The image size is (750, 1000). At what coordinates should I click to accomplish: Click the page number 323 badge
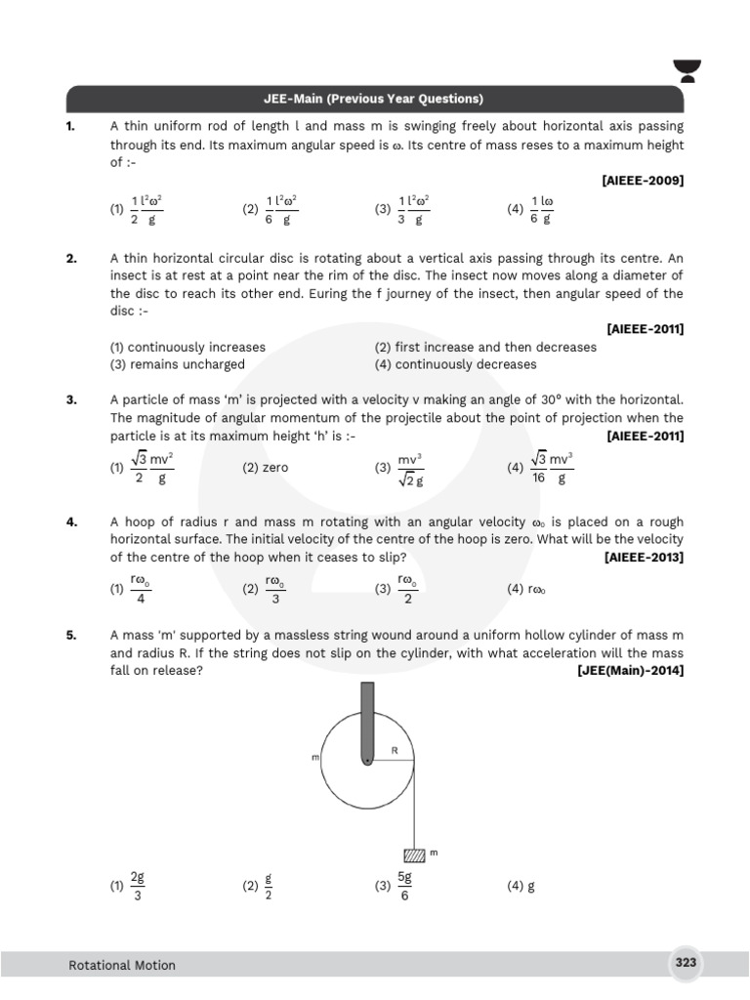click(686, 963)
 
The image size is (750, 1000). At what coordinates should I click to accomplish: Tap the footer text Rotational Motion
click(122, 965)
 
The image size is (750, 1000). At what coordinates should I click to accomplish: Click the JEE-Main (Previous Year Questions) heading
click(375, 100)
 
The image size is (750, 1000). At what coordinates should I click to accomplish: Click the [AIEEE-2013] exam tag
click(644, 557)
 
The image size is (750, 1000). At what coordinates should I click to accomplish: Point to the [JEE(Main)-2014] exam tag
click(630, 670)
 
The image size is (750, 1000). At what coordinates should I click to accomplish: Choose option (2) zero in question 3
click(266, 468)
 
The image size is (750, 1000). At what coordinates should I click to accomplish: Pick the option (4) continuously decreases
click(455, 364)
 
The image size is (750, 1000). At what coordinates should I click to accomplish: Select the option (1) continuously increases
click(187, 347)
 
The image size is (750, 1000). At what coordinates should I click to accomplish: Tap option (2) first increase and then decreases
click(484, 347)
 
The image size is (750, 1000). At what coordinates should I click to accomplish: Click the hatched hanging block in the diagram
click(415, 854)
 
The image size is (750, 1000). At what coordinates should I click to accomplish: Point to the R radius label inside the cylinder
click(395, 751)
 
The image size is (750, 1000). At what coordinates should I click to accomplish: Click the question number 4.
click(71, 522)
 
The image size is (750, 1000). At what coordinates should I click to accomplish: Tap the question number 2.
click(71, 259)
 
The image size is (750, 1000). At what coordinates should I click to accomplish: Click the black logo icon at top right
click(717, 71)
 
